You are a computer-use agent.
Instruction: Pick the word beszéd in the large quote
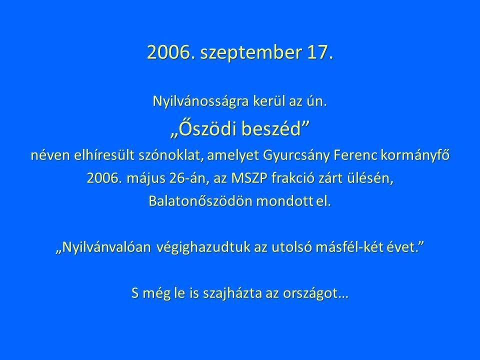pyautogui.click(x=274, y=129)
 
